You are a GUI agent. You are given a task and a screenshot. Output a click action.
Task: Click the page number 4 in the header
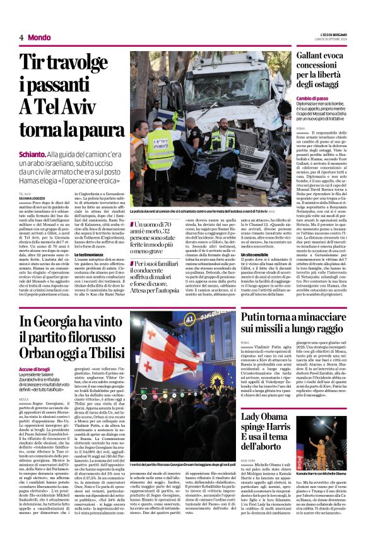[x=21, y=37]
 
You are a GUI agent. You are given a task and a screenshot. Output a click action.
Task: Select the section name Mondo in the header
[x=39, y=37]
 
